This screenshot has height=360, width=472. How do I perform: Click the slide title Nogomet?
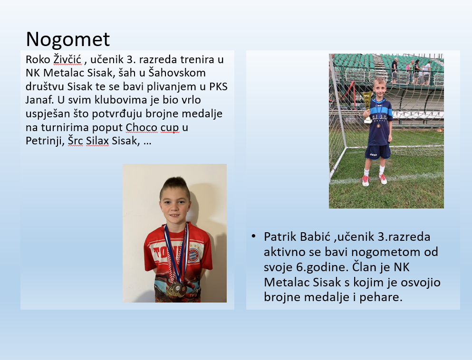tap(68, 39)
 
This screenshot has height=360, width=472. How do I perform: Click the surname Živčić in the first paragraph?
tap(67, 59)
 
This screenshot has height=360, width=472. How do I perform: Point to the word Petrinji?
tap(44, 141)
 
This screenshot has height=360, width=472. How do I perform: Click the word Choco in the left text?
tap(142, 127)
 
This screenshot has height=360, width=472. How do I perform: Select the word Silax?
tap(97, 141)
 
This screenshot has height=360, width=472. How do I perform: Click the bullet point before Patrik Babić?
tap(253, 236)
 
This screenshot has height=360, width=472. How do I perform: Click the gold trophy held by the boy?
tap(367, 107)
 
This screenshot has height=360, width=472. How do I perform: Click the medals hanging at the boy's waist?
tap(176, 289)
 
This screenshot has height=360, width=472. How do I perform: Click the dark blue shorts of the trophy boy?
tap(378, 152)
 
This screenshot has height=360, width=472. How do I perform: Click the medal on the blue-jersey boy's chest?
tap(378, 126)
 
